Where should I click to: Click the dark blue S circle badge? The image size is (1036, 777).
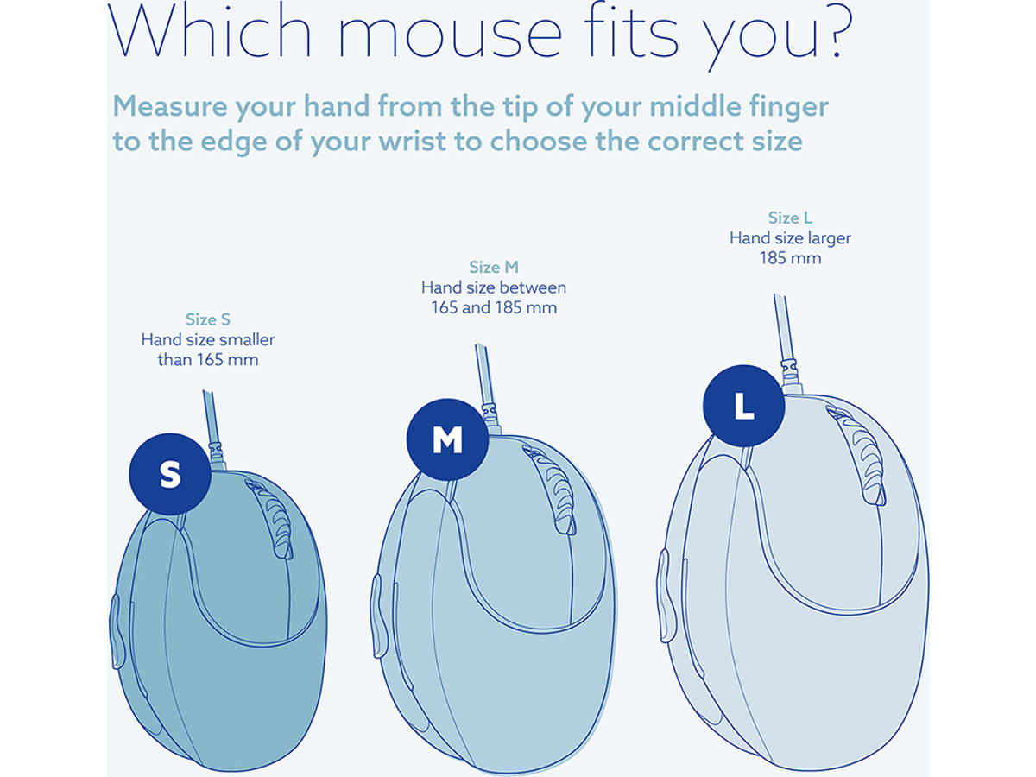tap(170, 474)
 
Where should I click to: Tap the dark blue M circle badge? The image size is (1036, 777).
tap(447, 439)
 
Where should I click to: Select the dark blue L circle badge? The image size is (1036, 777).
tap(744, 406)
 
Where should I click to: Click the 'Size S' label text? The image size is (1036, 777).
tap(208, 319)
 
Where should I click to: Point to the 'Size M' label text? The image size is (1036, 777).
tap(494, 267)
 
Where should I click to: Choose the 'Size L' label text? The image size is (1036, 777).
tap(790, 218)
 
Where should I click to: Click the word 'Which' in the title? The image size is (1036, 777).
tap(210, 29)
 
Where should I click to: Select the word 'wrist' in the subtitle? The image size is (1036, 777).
tap(412, 141)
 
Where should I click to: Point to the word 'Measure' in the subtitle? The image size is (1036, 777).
tap(171, 106)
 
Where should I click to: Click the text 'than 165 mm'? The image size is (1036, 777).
tap(208, 360)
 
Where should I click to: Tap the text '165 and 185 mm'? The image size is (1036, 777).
tap(494, 307)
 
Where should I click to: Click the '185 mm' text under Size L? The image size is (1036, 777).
tap(790, 258)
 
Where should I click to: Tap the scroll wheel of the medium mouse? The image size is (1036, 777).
tap(550, 490)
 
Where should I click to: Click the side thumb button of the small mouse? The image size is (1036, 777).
tap(117, 632)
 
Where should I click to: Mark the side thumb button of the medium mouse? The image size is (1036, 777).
tap(378, 616)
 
